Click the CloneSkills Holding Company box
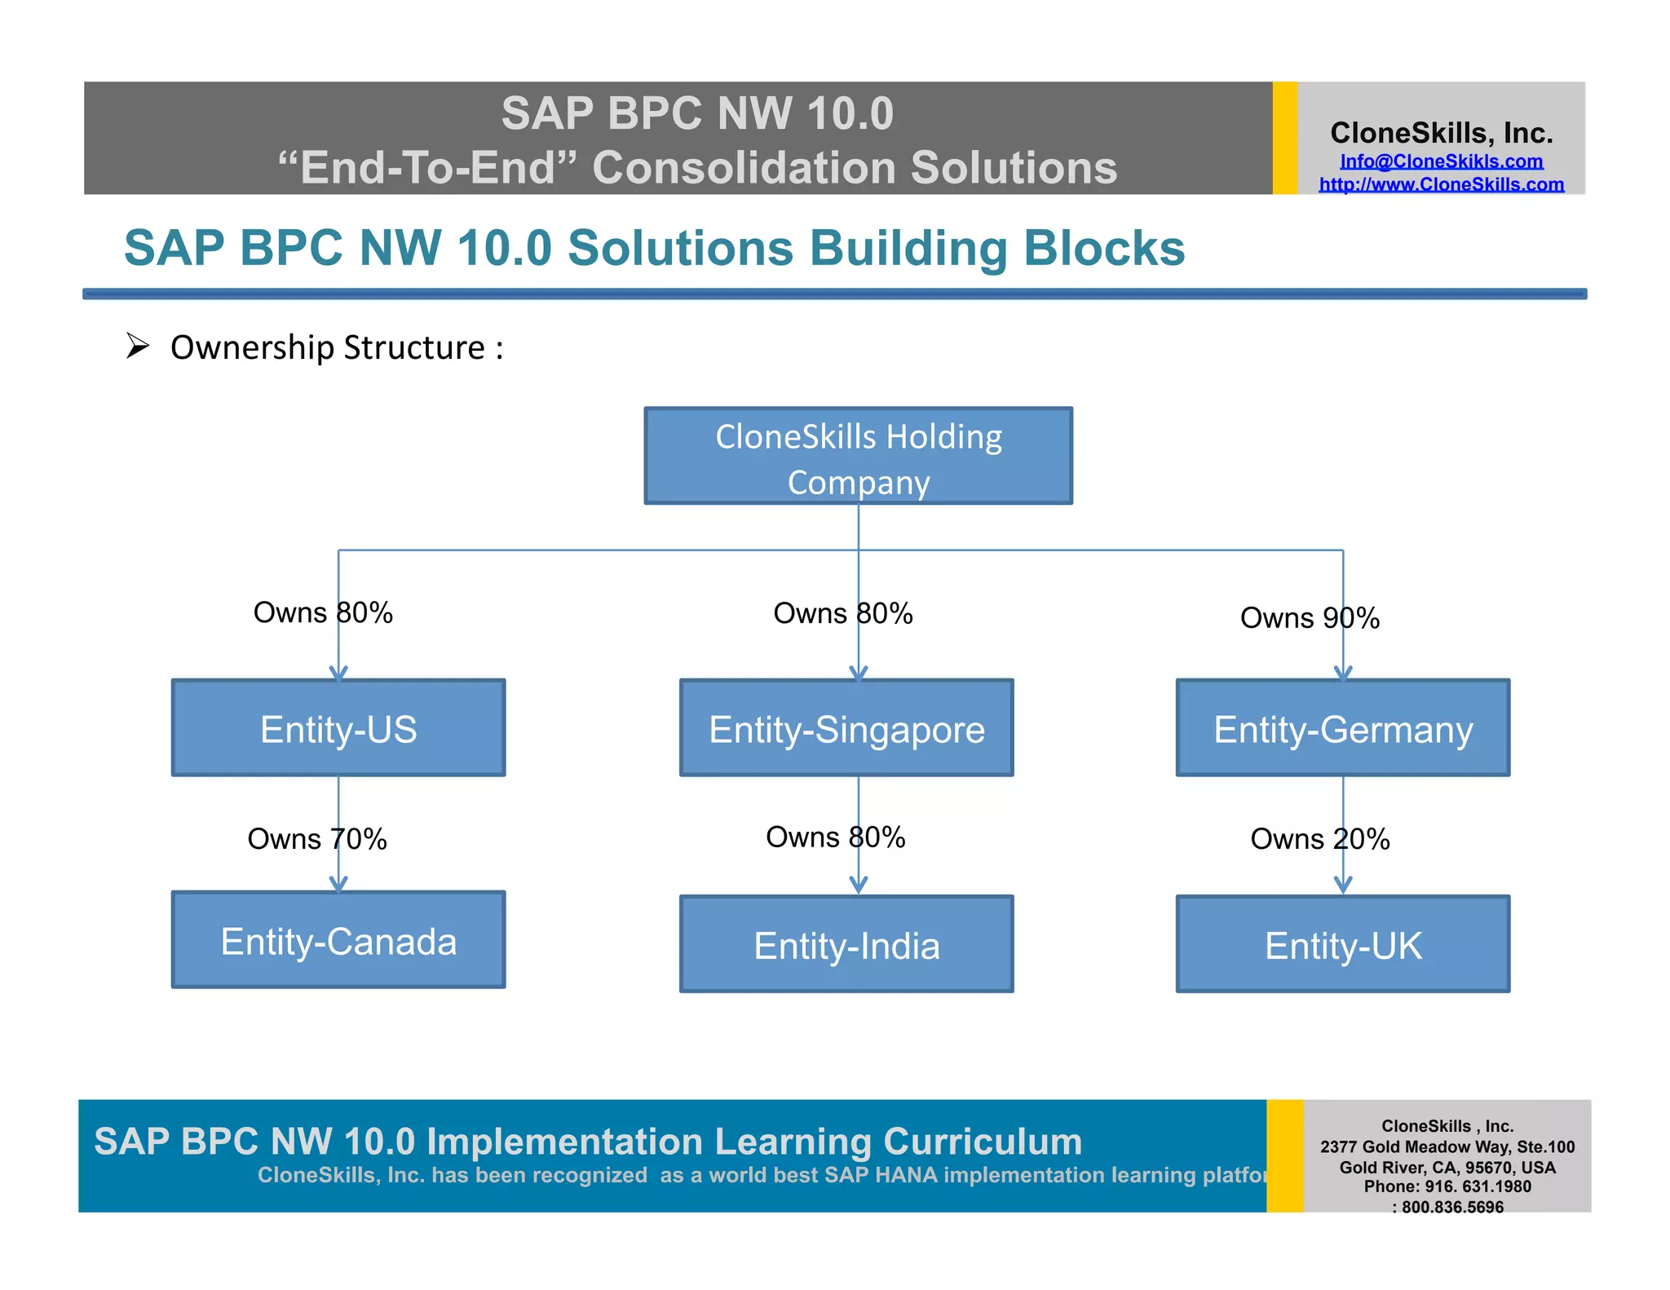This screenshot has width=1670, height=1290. tap(858, 456)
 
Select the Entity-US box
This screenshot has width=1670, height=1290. tap(338, 727)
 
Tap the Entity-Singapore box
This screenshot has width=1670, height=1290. tap(846, 727)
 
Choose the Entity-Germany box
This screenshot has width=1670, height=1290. tap(1342, 727)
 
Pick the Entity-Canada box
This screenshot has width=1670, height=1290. tap(338, 939)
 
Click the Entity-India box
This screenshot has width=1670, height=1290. tap(846, 944)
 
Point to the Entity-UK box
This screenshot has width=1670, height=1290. tap(1342, 944)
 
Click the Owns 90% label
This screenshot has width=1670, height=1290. tap(1310, 618)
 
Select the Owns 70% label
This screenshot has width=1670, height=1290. tap(316, 839)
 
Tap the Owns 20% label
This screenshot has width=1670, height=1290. tap(1319, 839)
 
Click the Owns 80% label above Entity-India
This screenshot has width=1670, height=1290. tap(835, 837)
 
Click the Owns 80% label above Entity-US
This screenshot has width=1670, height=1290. tap(323, 612)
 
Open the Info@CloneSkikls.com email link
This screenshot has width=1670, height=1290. tap(1441, 161)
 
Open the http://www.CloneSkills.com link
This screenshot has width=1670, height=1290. tap(1441, 185)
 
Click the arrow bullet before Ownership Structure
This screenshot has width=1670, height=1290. tap(138, 347)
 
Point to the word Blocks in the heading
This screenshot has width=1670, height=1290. tap(1104, 248)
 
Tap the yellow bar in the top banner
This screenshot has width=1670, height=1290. tap(1284, 138)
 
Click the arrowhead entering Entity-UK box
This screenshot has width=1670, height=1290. tap(1343, 886)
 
